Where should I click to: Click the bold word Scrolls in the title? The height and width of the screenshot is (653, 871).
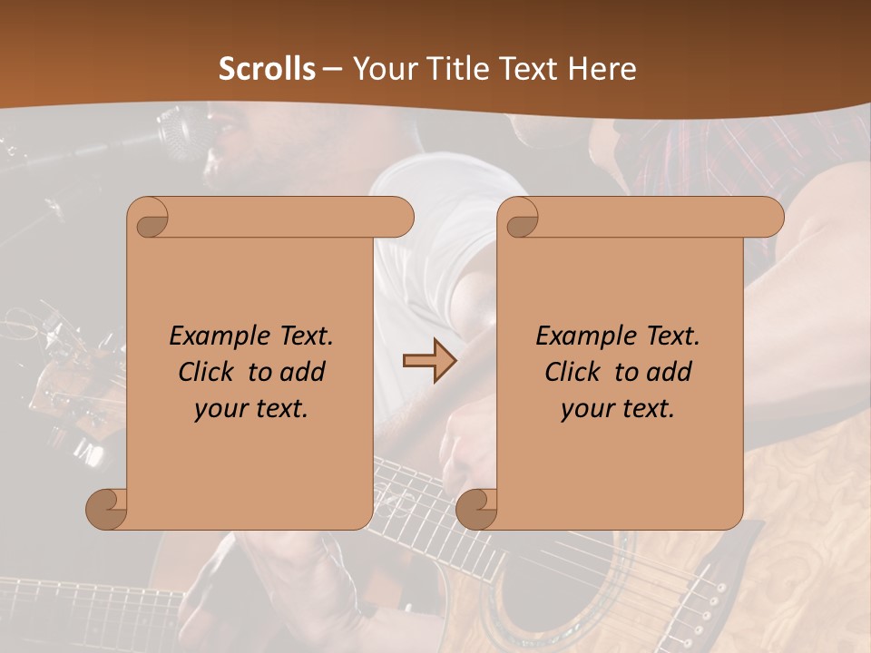point(268,69)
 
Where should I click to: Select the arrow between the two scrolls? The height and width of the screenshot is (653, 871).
point(430,361)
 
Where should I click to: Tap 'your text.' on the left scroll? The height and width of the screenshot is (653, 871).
point(251,409)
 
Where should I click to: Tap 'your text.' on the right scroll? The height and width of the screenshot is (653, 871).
point(618,409)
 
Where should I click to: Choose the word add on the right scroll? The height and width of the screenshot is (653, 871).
point(670,372)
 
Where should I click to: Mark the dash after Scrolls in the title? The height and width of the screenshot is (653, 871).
point(332,69)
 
